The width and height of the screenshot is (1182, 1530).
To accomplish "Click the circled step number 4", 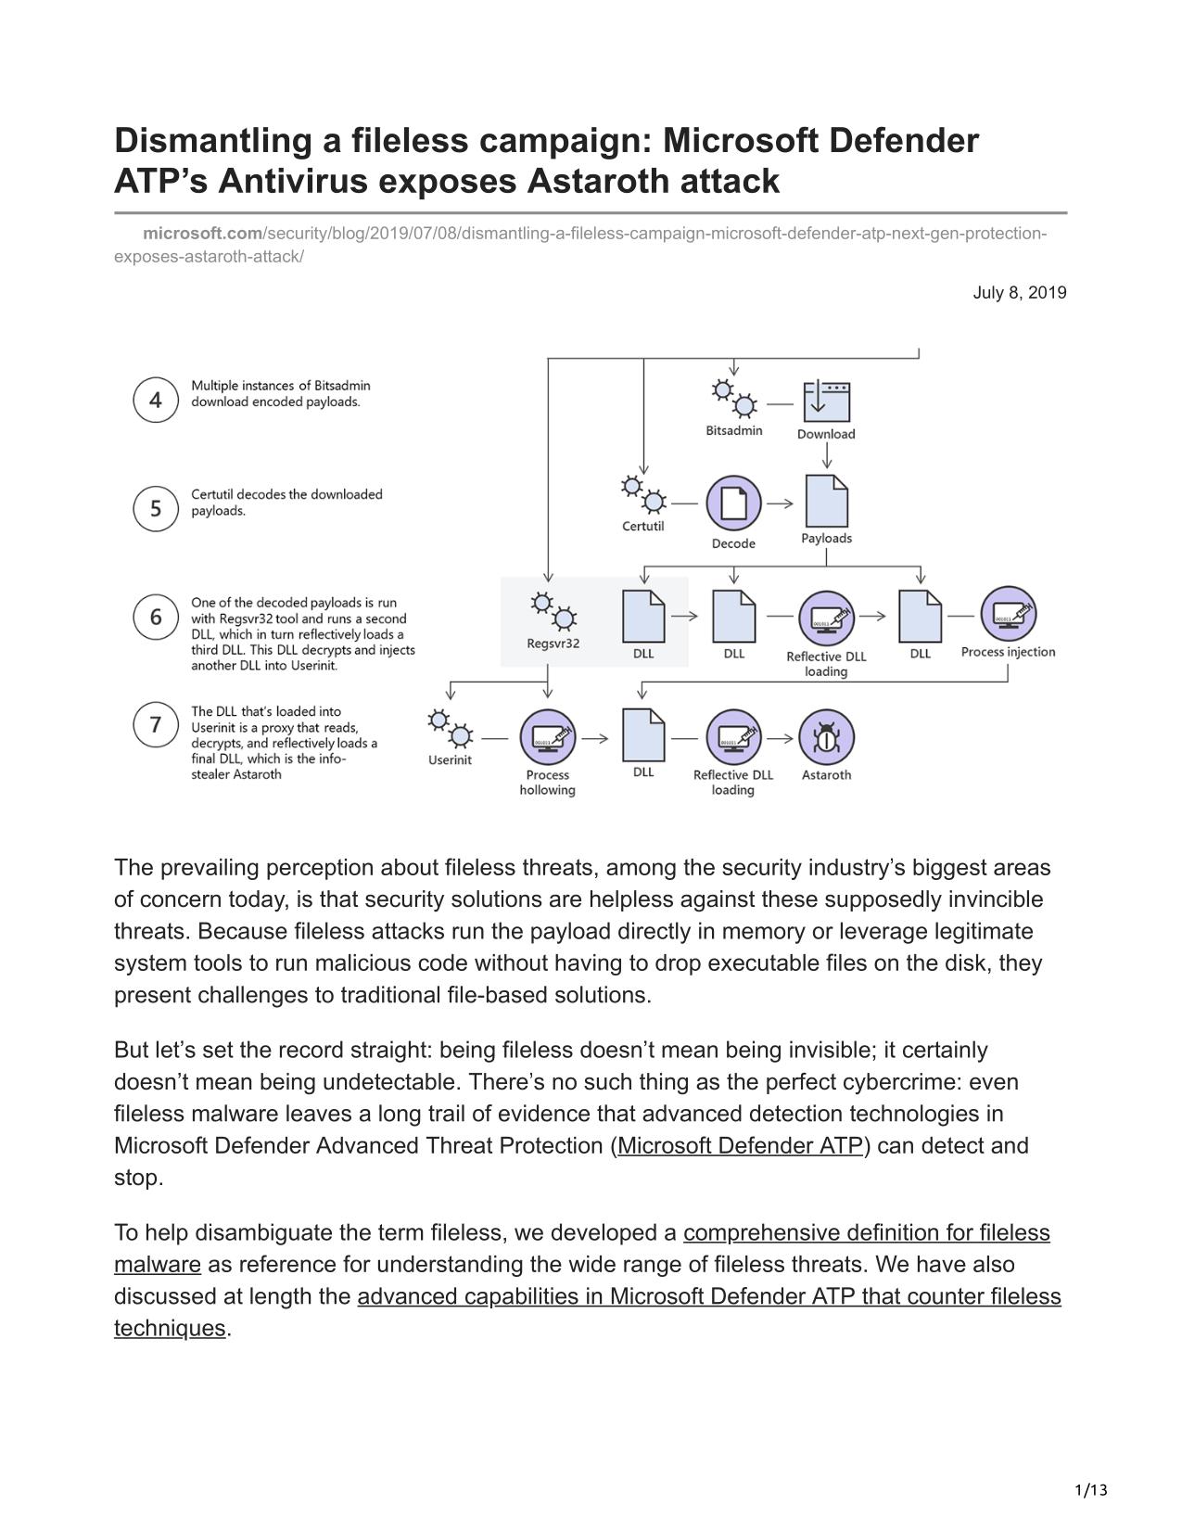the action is coord(156,400).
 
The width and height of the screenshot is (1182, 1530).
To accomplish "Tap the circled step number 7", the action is coord(156,724).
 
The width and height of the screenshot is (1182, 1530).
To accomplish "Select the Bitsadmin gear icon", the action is coord(733,399).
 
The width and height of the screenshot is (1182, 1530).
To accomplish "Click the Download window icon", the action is coord(827,402).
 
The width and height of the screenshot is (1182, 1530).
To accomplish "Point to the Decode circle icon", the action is coord(733,503).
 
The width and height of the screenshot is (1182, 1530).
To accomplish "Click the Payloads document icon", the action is coord(827,501).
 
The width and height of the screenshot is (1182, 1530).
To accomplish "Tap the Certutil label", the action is coord(642,526).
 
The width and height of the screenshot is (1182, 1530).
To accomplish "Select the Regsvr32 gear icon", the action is coord(553,611).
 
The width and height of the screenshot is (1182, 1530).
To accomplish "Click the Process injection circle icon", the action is coord(1008,614).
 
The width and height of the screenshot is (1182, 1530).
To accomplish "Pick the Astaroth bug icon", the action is coord(827,737).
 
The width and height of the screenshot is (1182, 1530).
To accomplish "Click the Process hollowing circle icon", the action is coord(548,737).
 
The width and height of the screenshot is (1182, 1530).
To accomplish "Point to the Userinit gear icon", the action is coord(451,729).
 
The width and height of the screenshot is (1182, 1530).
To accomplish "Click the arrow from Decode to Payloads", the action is coord(780,504).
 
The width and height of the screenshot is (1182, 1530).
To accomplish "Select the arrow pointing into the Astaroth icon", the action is coord(780,739).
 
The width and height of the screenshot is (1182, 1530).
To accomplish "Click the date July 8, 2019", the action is coord(1020,293).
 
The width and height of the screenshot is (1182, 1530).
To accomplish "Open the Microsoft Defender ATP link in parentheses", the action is coord(740,1145).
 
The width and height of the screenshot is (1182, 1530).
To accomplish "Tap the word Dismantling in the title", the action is coord(213,141).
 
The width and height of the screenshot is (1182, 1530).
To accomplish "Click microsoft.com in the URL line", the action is coord(203,233).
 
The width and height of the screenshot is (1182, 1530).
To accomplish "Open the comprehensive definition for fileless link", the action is coord(867,1233).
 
